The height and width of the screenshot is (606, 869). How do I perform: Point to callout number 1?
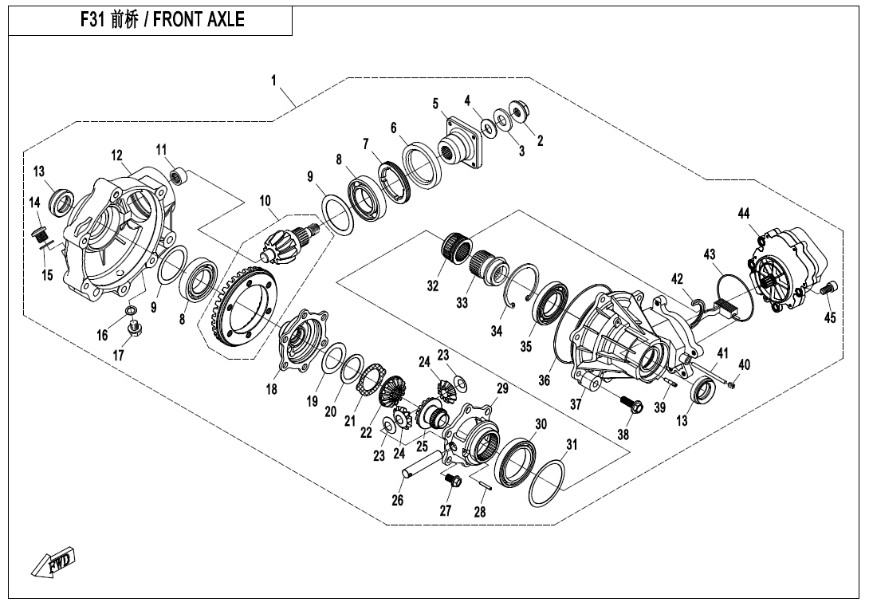273,81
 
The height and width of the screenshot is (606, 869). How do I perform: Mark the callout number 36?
544,381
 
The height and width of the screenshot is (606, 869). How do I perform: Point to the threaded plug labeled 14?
39,234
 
